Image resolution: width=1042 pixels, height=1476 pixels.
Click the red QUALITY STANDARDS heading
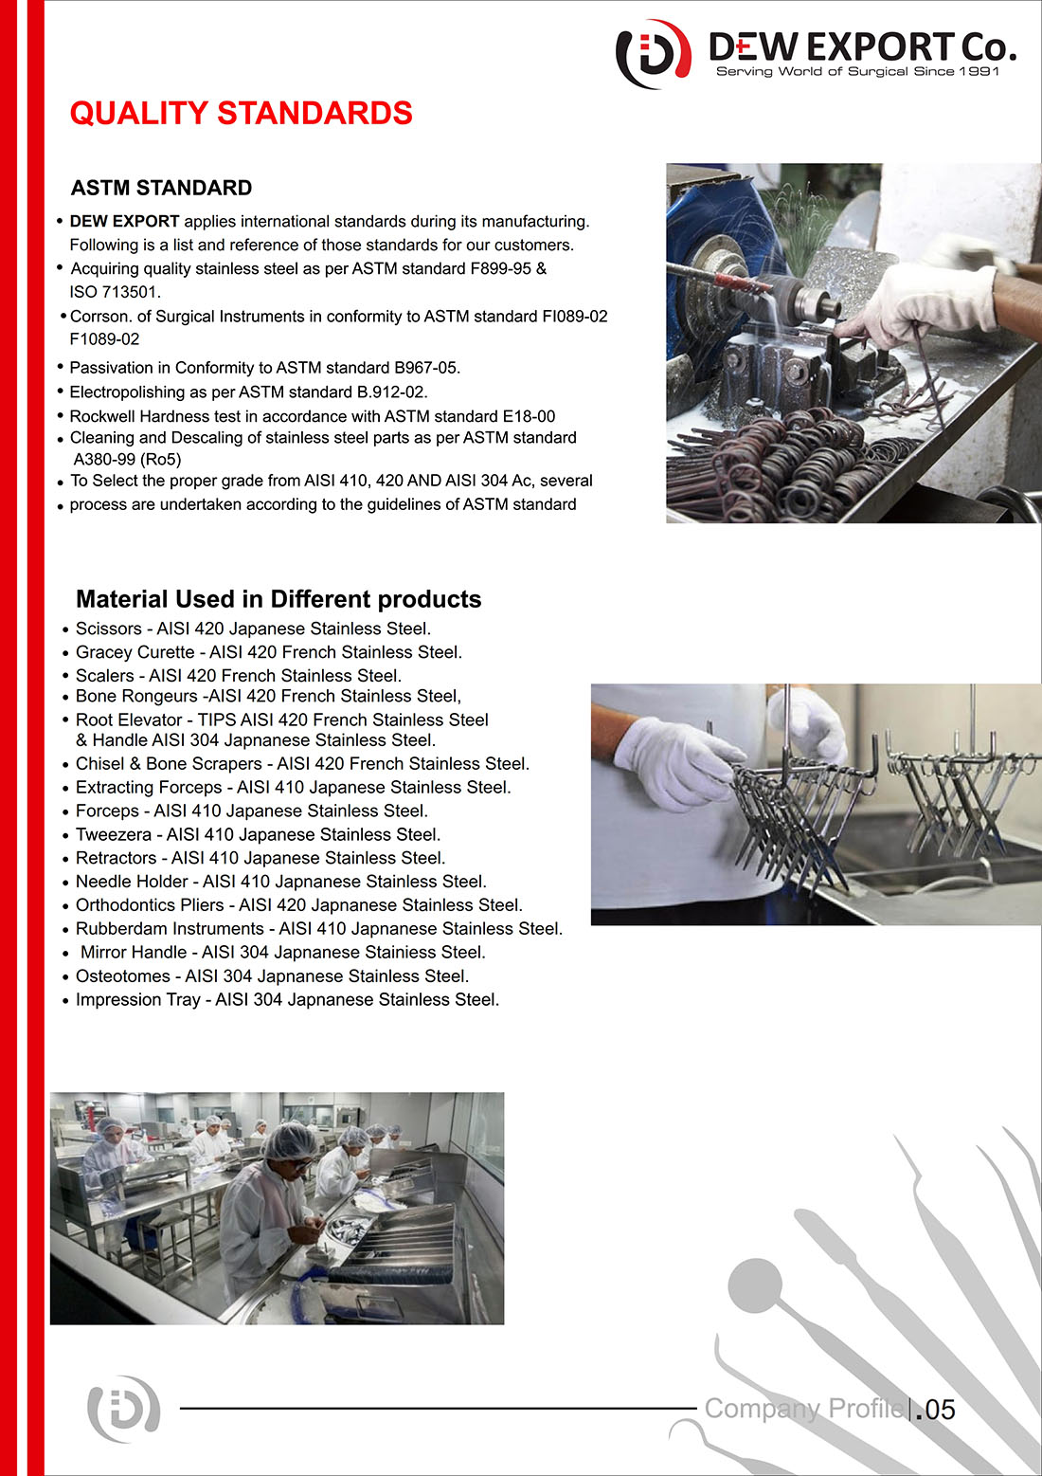[241, 114]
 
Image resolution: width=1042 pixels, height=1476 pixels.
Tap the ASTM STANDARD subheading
[161, 188]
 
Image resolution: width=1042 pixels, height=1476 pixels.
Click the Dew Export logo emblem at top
[653, 54]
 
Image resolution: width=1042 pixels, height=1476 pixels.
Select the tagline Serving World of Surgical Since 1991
[857, 71]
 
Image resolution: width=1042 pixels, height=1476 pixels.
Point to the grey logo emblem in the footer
[124, 1410]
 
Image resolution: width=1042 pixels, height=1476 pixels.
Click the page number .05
[935, 1410]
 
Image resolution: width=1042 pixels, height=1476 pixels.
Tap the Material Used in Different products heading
[278, 599]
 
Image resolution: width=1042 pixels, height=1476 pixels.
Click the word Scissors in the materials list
[109, 629]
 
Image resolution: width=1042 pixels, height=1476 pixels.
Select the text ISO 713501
[116, 292]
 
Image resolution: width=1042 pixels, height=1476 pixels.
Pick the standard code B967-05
[426, 368]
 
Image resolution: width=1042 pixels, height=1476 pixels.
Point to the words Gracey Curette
[135, 652]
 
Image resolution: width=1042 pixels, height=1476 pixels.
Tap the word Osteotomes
[122, 975]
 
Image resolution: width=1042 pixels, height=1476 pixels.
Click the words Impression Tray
[137, 999]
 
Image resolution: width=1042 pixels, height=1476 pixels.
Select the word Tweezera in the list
[114, 834]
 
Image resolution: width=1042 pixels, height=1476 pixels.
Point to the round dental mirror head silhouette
[755, 1285]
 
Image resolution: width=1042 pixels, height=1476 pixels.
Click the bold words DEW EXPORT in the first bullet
[124, 222]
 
